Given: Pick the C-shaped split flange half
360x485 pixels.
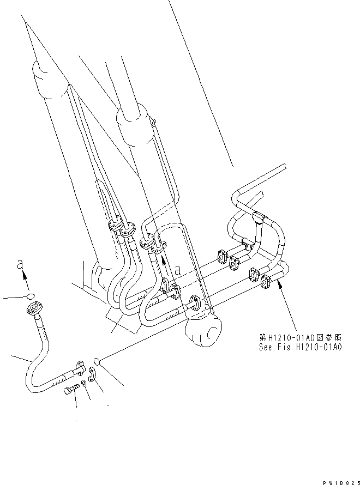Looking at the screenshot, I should point(93,376).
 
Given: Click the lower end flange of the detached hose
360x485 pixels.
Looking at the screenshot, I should point(79,369).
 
